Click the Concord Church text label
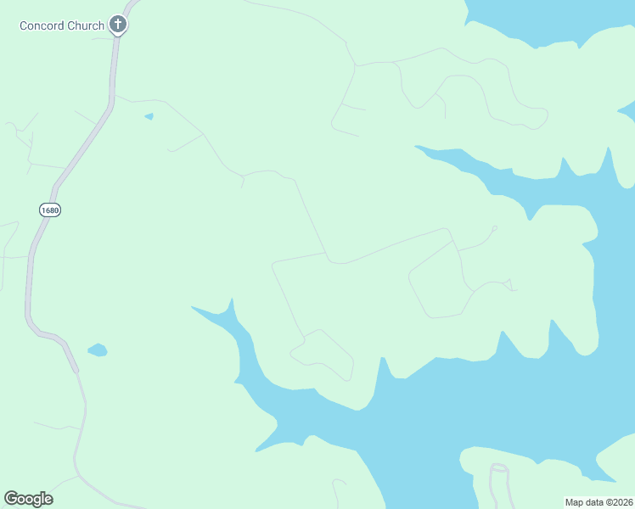pyautogui.click(x=62, y=25)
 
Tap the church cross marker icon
pyautogui.click(x=118, y=25)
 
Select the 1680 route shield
pyautogui.click(x=50, y=210)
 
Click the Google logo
pyautogui.click(x=28, y=499)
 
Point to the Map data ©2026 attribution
pyautogui.click(x=598, y=502)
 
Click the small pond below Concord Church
pyautogui.click(x=149, y=116)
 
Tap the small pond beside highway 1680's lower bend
pyautogui.click(x=98, y=350)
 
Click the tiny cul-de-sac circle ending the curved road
pyautogui.click(x=494, y=227)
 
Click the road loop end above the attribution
pyautogui.click(x=498, y=468)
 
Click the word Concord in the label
pyautogui.click(x=42, y=25)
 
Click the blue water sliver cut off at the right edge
pyautogui.click(x=627, y=110)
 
